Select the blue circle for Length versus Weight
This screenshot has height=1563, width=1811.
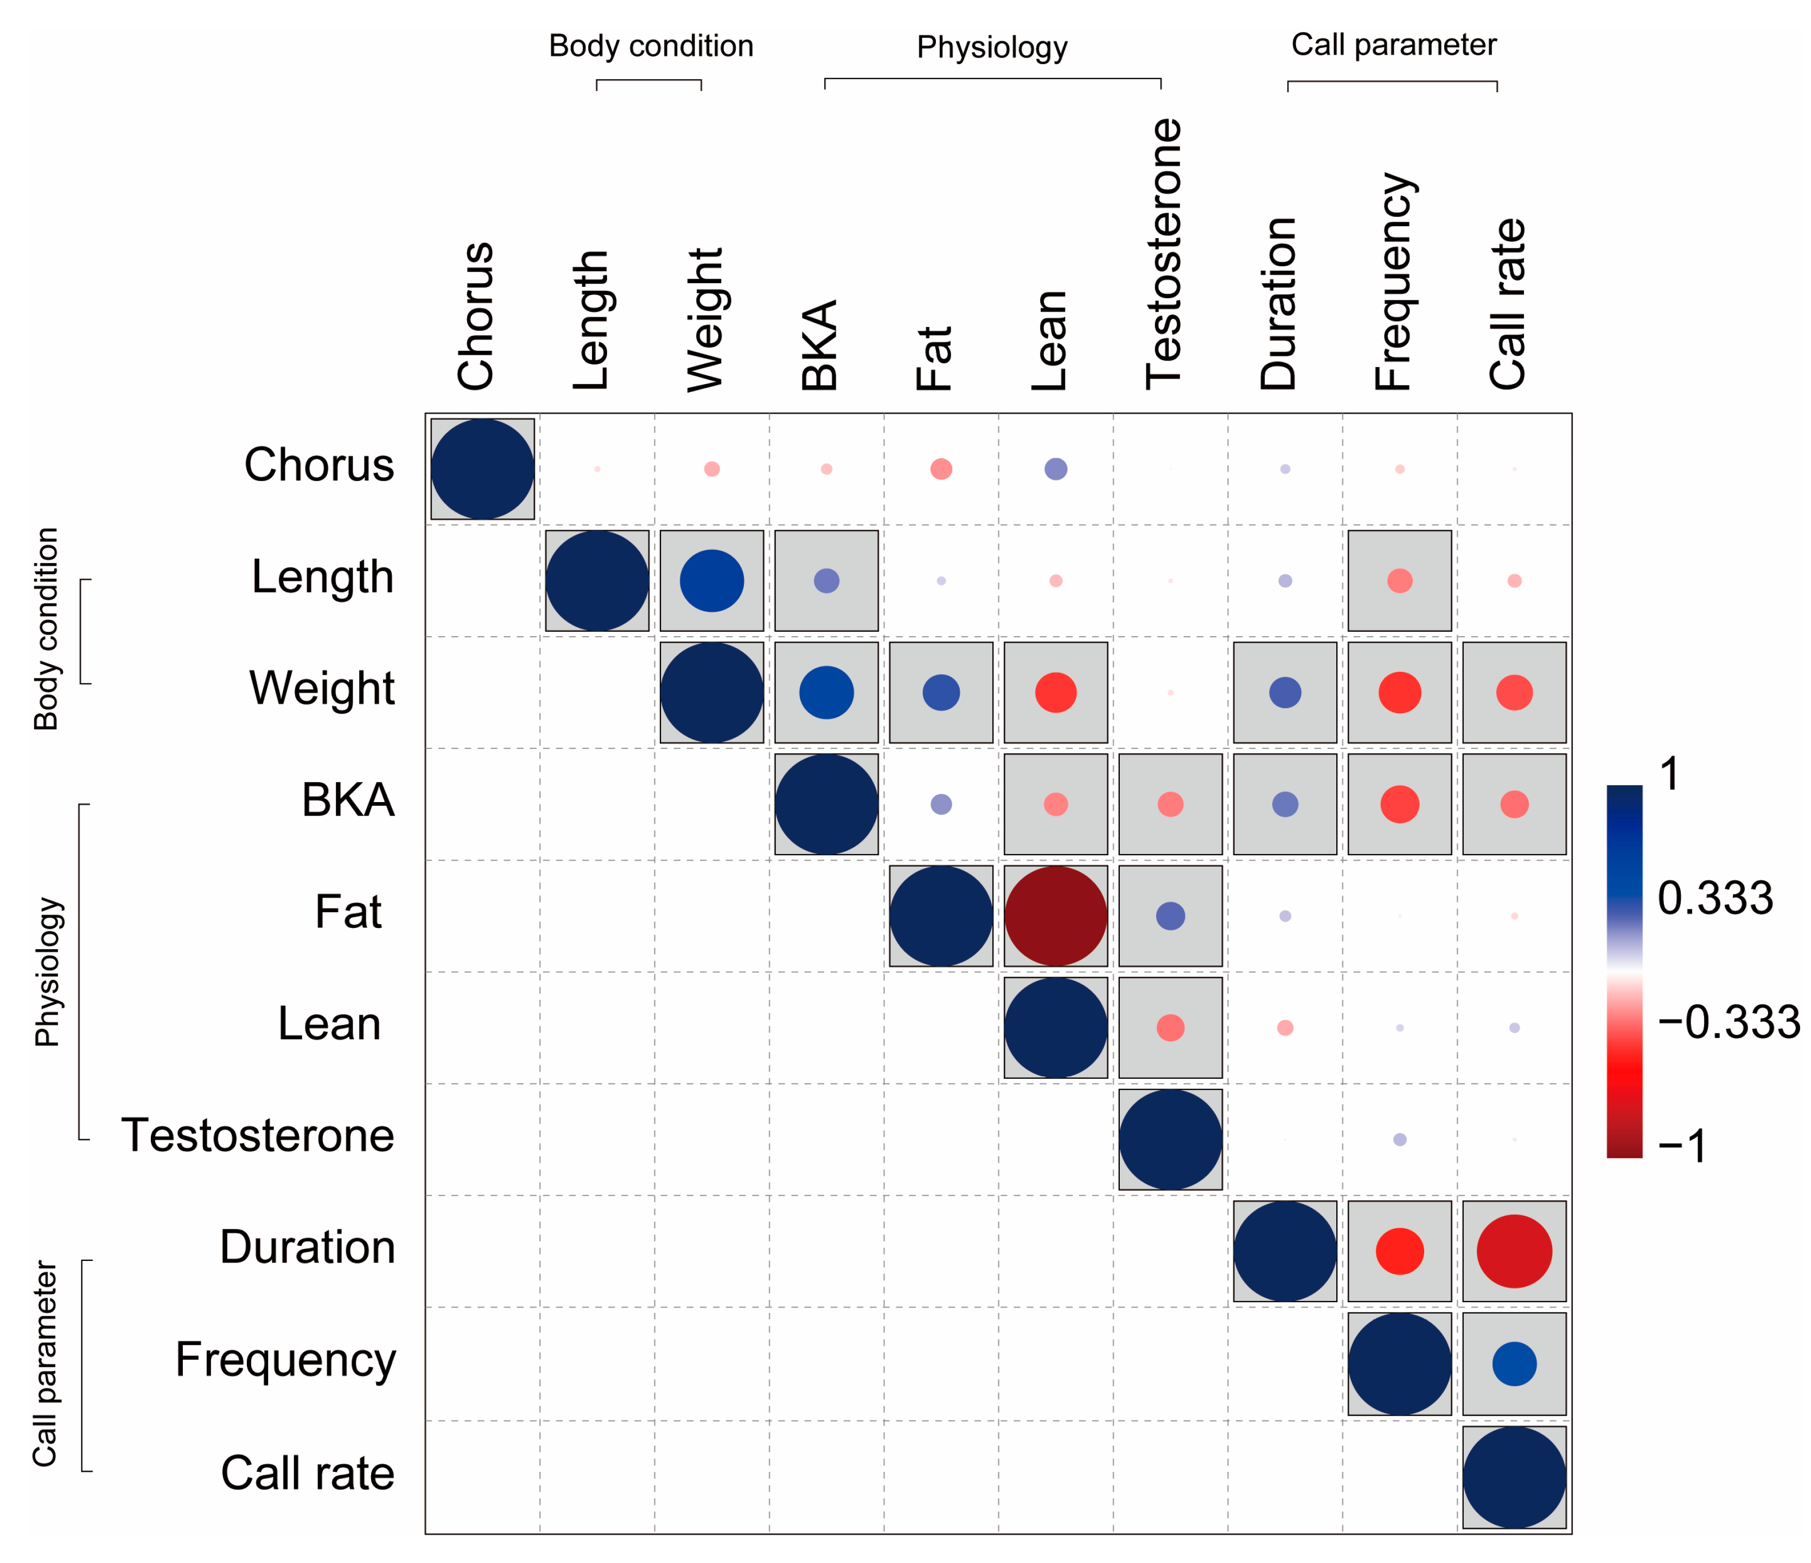click(711, 580)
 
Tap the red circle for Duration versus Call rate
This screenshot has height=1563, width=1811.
click(1514, 1251)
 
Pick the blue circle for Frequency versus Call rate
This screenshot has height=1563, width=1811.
click(1514, 1363)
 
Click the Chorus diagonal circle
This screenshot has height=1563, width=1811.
click(482, 469)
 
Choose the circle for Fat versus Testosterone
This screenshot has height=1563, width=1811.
click(1170, 915)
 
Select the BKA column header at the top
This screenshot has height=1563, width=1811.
click(820, 345)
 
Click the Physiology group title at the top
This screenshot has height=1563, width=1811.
click(991, 47)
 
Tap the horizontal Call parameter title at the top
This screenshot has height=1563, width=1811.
click(1393, 44)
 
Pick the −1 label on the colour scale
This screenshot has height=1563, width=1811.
click(1682, 1145)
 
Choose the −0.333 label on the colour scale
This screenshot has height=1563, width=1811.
click(1728, 1022)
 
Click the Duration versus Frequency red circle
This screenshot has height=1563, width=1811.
click(1399, 1251)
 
